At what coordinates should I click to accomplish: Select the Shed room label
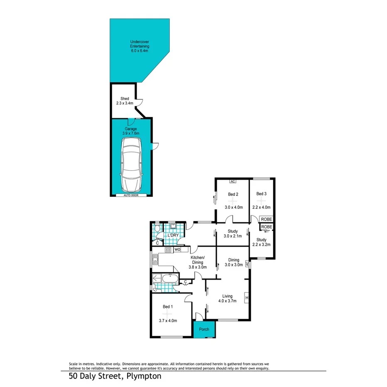point(125,98)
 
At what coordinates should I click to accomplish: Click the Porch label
point(204,329)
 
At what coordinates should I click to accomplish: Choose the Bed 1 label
point(168,306)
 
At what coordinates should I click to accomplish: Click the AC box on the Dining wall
point(247,264)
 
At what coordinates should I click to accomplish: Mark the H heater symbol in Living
point(247,297)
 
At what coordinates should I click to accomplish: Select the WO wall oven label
point(177,250)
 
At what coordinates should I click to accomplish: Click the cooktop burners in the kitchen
point(168,250)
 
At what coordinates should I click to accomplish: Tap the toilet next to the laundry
point(157,230)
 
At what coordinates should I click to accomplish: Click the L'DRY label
point(173,236)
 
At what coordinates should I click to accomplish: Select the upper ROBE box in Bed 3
point(267,219)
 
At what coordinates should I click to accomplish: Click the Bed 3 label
point(261,193)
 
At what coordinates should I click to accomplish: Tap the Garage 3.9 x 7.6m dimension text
point(131,133)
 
